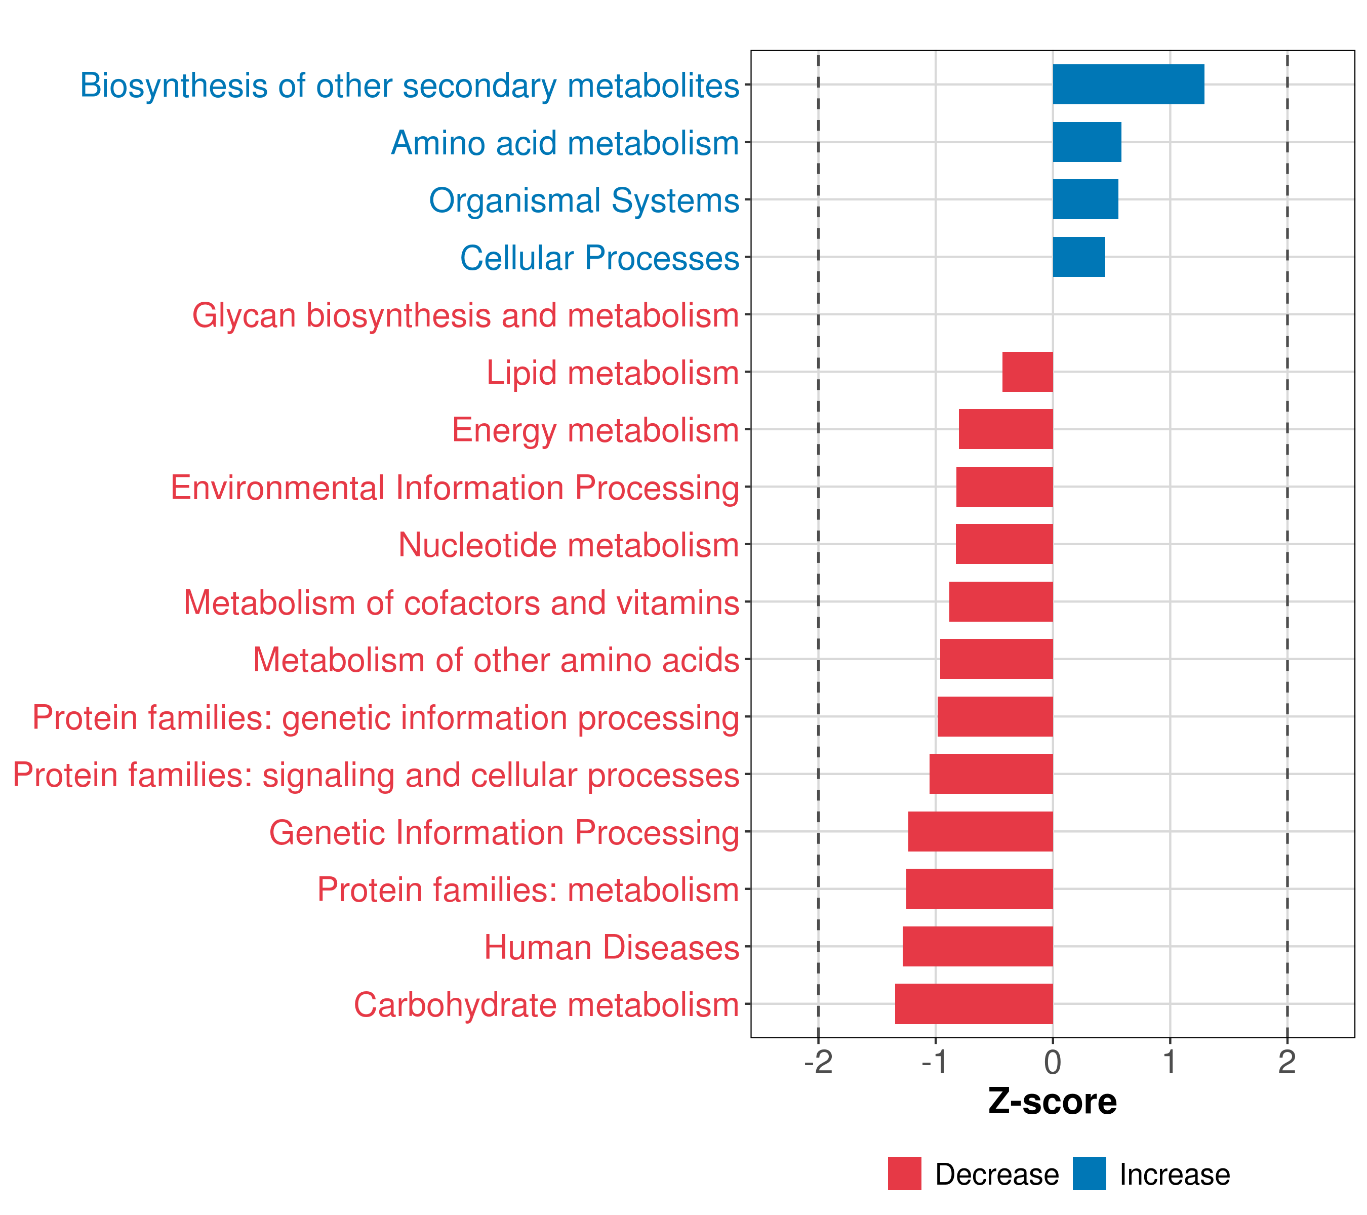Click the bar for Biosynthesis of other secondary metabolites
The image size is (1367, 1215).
click(1128, 84)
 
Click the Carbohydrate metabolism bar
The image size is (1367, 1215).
click(973, 1004)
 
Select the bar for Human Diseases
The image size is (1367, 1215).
click(977, 946)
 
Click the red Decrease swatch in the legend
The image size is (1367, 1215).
click(904, 1173)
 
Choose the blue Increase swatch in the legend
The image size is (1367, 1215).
click(1089, 1173)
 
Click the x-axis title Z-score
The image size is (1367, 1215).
click(1052, 1101)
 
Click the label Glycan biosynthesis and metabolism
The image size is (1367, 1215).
click(465, 315)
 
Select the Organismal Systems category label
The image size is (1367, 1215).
click(583, 200)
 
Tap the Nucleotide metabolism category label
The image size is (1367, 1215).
click(568, 545)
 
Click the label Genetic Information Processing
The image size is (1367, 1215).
click(504, 832)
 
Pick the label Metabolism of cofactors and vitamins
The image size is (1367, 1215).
click(461, 602)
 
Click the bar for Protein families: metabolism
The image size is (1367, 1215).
click(979, 888)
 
